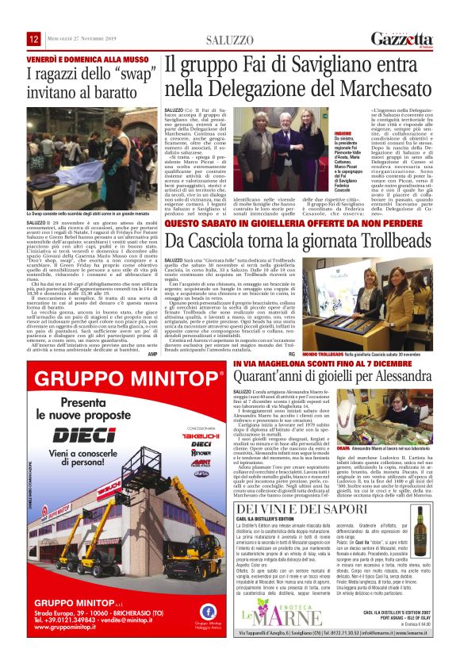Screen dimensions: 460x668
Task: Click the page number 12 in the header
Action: [x=34, y=39]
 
